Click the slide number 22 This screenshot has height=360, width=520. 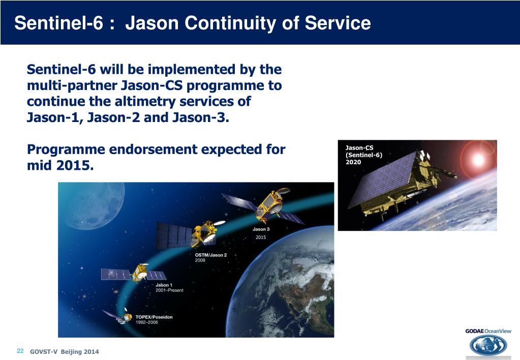coord(20,351)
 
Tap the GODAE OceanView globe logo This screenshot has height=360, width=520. coord(488,345)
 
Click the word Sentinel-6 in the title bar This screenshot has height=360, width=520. coord(58,23)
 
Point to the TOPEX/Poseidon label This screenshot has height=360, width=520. coord(154,317)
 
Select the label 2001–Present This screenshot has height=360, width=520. coord(169,290)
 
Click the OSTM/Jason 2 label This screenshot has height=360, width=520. coord(210,255)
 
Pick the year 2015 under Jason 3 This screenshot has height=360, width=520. coord(261,237)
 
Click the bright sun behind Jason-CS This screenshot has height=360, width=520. coord(478,160)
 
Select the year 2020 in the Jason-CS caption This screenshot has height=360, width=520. coord(353,162)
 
